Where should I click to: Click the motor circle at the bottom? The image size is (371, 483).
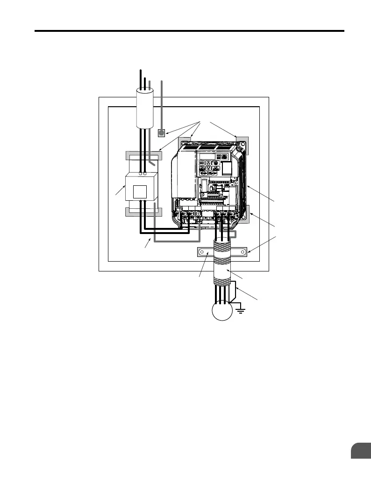[x=223, y=310]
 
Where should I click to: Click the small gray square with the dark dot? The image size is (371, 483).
[x=161, y=133]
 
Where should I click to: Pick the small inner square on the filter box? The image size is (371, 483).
[x=140, y=192]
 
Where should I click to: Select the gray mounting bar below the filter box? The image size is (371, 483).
[x=143, y=212]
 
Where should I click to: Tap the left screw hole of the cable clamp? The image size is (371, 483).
[x=201, y=252]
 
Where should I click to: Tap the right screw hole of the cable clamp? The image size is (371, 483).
[x=243, y=252]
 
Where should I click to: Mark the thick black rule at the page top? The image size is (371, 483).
[x=190, y=32]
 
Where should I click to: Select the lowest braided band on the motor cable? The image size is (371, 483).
[x=222, y=283]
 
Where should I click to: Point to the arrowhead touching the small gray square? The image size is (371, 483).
[x=168, y=132]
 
